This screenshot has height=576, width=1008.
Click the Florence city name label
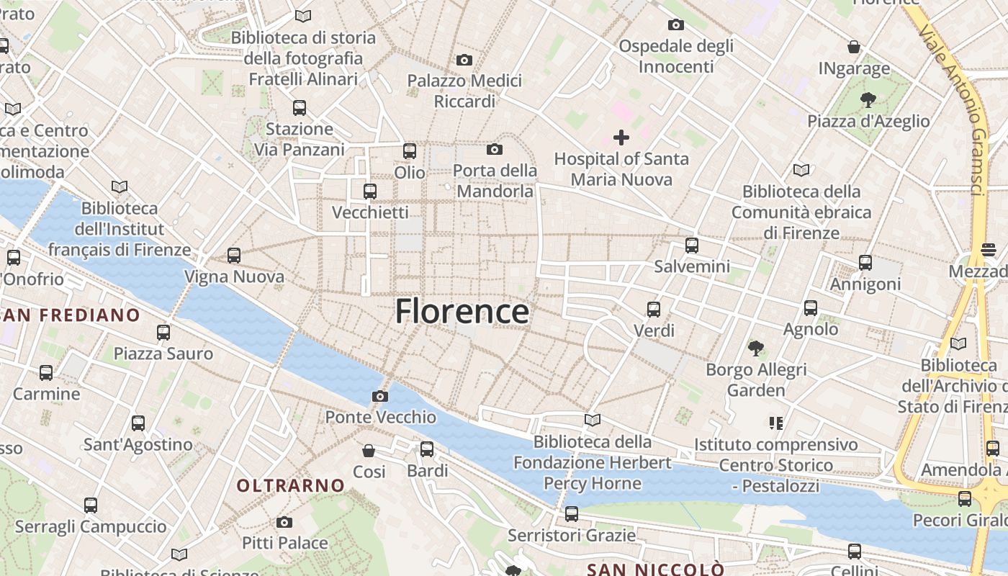pyautogui.click(x=462, y=311)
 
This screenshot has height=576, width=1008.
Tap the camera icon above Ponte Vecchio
pyautogui.click(x=380, y=396)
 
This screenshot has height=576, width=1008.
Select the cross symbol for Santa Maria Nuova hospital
pyautogui.click(x=621, y=137)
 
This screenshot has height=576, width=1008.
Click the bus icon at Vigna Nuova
pyautogui.click(x=233, y=255)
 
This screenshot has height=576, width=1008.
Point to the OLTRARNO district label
pyautogui.click(x=291, y=485)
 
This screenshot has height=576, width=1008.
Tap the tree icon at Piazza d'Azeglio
pyautogui.click(x=868, y=100)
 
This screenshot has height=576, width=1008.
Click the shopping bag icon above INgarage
pyautogui.click(x=854, y=48)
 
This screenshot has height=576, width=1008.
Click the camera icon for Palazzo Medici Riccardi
pyautogui.click(x=464, y=60)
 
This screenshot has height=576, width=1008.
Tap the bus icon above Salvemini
pyautogui.click(x=692, y=245)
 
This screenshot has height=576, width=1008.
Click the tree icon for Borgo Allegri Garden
pyautogui.click(x=755, y=348)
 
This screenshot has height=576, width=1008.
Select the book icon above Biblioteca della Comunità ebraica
pyautogui.click(x=801, y=171)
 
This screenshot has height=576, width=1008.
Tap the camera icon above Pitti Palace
pyautogui.click(x=284, y=522)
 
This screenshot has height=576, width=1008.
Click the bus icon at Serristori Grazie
pyautogui.click(x=572, y=514)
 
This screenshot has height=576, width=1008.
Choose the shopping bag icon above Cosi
pyautogui.click(x=369, y=451)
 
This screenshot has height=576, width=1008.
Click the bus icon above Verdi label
pyautogui.click(x=654, y=310)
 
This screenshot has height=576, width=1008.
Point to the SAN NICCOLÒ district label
pyautogui.click(x=655, y=570)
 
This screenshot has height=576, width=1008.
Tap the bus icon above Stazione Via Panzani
pyautogui.click(x=300, y=108)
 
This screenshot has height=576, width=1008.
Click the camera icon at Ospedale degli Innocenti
pyautogui.click(x=675, y=25)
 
